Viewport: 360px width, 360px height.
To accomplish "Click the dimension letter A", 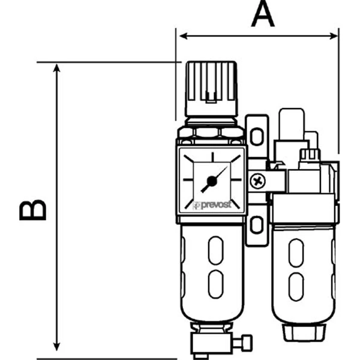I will click(x=262, y=14).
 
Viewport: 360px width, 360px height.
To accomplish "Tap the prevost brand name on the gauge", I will click(x=217, y=205).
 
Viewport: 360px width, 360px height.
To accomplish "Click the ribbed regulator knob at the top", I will click(x=211, y=87).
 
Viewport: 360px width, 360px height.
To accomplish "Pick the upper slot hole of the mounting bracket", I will click(x=256, y=136).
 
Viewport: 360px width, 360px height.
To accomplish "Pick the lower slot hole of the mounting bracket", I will click(x=256, y=225).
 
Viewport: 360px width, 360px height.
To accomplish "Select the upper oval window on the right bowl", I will click(x=295, y=252).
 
